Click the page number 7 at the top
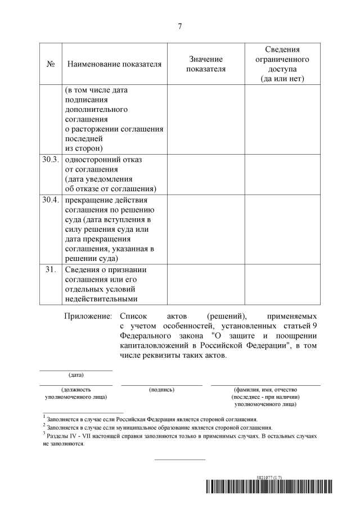click(179, 26)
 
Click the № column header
click(50, 64)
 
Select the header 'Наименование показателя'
click(114, 64)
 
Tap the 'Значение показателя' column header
click(206, 64)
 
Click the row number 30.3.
click(50, 160)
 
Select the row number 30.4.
click(50, 200)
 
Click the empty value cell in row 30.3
click(206, 174)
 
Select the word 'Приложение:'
click(89, 317)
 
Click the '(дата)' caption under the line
click(76, 375)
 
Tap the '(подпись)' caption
click(161, 389)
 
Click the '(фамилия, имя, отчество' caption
click(265, 389)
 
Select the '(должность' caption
click(76, 389)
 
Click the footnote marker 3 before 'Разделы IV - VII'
click(44, 434)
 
